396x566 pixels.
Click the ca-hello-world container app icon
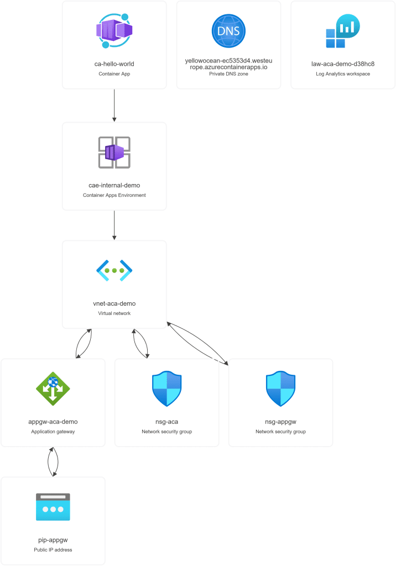tap(114, 31)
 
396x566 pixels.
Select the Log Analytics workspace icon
tap(343, 31)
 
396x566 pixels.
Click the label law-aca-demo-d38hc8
tap(343, 64)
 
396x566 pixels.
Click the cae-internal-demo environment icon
tap(114, 152)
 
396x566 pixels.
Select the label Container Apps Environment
tap(114, 195)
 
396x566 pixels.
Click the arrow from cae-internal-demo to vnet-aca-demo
tap(114, 225)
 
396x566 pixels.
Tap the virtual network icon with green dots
tap(114, 270)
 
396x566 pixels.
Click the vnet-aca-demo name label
tap(114, 303)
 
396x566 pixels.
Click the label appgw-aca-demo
tap(53, 422)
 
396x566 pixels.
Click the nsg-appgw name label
tap(281, 422)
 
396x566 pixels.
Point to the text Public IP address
tap(53, 550)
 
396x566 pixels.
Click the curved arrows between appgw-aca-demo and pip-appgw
tap(53, 462)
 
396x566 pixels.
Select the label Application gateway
tap(53, 432)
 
